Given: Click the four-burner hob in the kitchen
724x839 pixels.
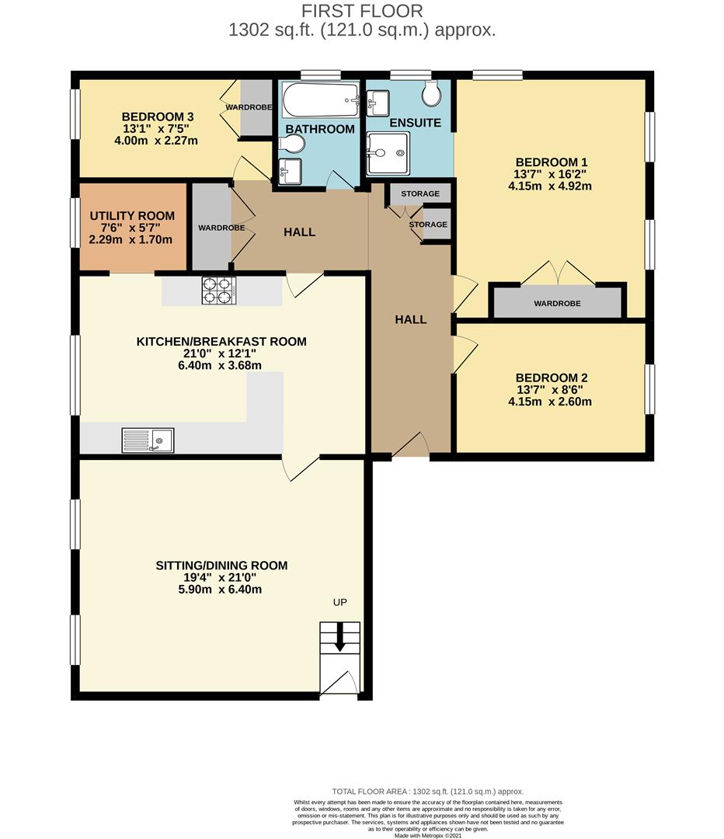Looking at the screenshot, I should pyautogui.click(x=218, y=290).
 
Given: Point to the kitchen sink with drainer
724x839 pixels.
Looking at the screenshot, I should pyautogui.click(x=148, y=440).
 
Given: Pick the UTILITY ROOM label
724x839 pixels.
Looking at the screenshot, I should pyautogui.click(x=132, y=216).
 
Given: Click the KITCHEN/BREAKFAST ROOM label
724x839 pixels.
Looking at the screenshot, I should pyautogui.click(x=221, y=342).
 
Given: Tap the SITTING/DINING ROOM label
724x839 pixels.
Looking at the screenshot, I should pyautogui.click(x=221, y=566).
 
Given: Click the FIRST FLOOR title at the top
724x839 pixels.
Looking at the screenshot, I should pyautogui.click(x=362, y=11).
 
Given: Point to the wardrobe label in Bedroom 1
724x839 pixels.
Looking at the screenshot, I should pyautogui.click(x=556, y=303).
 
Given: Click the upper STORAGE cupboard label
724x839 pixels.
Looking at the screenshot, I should pyautogui.click(x=420, y=193).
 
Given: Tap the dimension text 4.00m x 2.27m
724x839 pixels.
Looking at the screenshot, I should pyautogui.click(x=144, y=141).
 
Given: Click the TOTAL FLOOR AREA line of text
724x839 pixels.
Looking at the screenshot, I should pyautogui.click(x=427, y=791).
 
